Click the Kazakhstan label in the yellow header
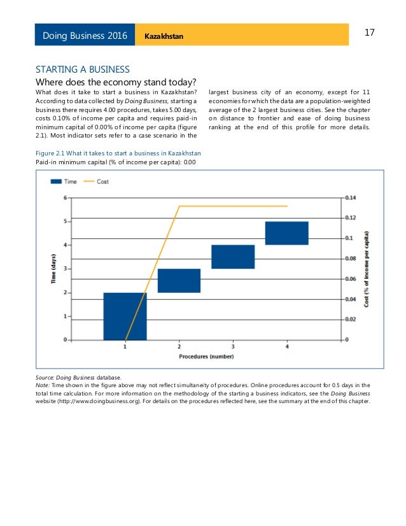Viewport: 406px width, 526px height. click(x=164, y=36)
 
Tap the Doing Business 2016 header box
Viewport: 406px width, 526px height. click(x=85, y=35)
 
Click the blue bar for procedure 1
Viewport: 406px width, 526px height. click(x=125, y=316)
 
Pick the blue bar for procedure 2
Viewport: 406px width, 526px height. click(x=179, y=280)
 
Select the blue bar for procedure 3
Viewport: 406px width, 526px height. click(x=233, y=257)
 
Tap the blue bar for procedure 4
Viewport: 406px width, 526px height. click(x=286, y=233)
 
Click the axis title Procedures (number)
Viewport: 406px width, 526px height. click(x=206, y=357)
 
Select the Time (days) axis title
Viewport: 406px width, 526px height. click(x=54, y=269)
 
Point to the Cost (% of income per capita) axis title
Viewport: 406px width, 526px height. click(x=367, y=269)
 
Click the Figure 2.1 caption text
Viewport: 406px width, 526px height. click(x=118, y=153)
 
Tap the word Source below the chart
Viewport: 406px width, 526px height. click(x=46, y=377)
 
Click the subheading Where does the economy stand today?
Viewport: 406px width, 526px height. click(x=115, y=82)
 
